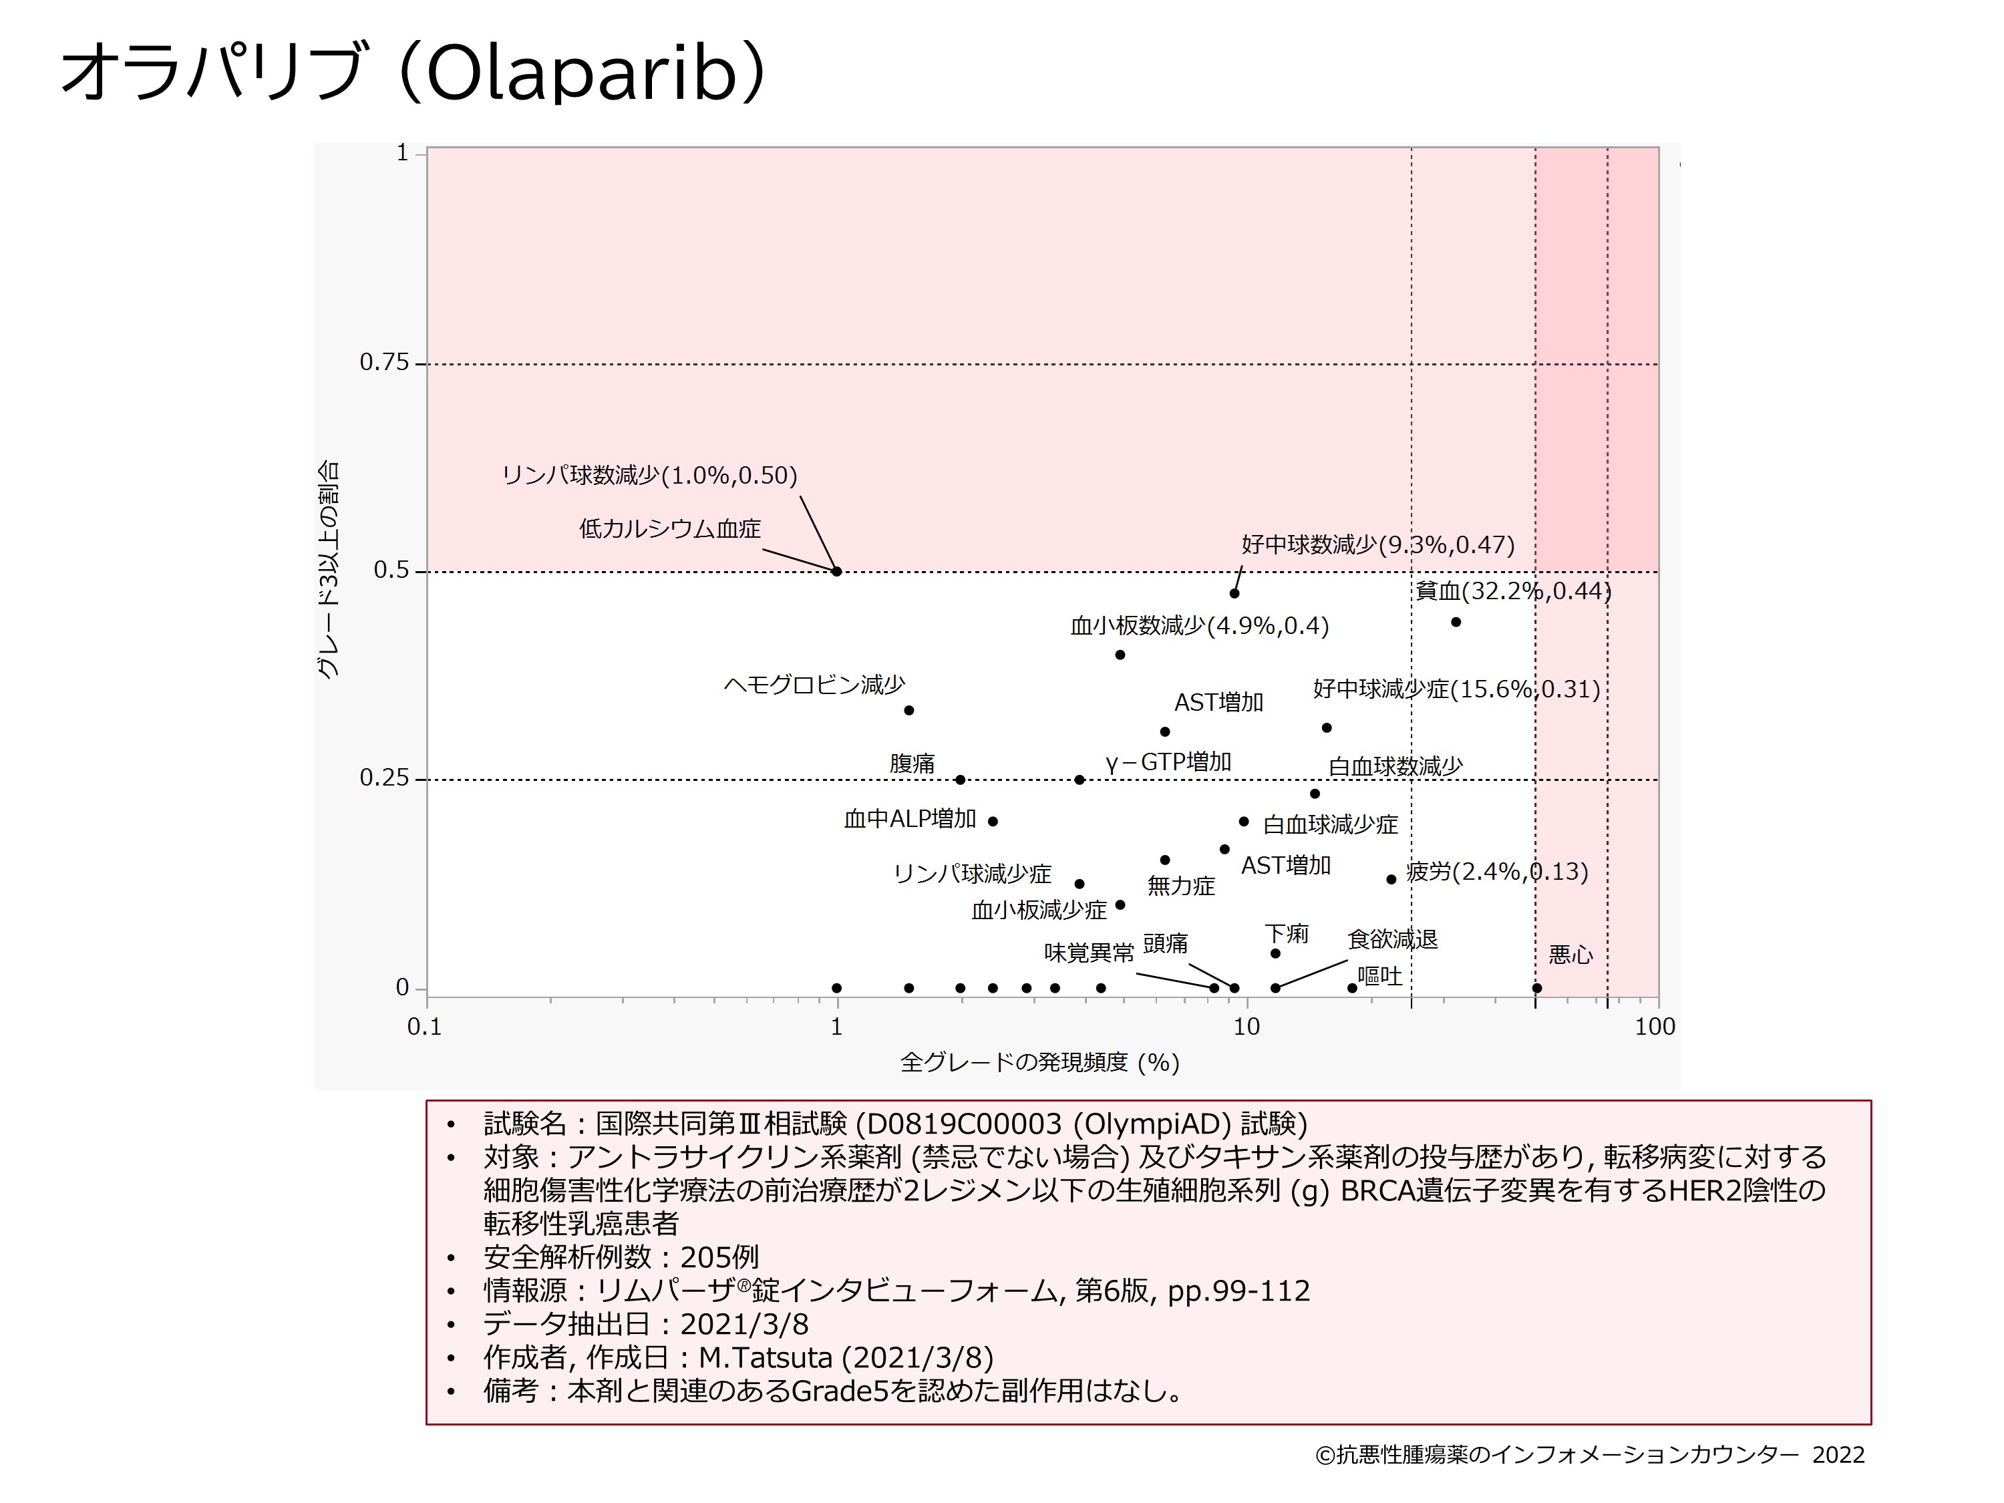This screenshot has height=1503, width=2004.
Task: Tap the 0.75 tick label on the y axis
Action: [x=384, y=362]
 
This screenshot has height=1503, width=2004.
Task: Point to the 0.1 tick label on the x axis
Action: [x=424, y=1027]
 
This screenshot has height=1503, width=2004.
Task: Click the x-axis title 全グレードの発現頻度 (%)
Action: [x=1039, y=1062]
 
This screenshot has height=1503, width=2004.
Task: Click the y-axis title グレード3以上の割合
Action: [x=328, y=570]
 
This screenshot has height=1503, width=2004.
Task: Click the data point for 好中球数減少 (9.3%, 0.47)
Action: [x=1234, y=593]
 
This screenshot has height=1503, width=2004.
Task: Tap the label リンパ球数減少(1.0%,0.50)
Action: [x=649, y=476]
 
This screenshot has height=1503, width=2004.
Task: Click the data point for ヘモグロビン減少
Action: [x=908, y=710]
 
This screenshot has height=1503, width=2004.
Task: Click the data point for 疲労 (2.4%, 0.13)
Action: [x=1391, y=880]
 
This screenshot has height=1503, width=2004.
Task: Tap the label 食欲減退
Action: [x=1393, y=939]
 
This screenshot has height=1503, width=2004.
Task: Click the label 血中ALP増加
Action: [x=910, y=819]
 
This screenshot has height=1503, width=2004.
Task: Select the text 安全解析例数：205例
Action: [x=621, y=1257]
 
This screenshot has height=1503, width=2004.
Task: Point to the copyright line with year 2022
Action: [x=1590, y=1455]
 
